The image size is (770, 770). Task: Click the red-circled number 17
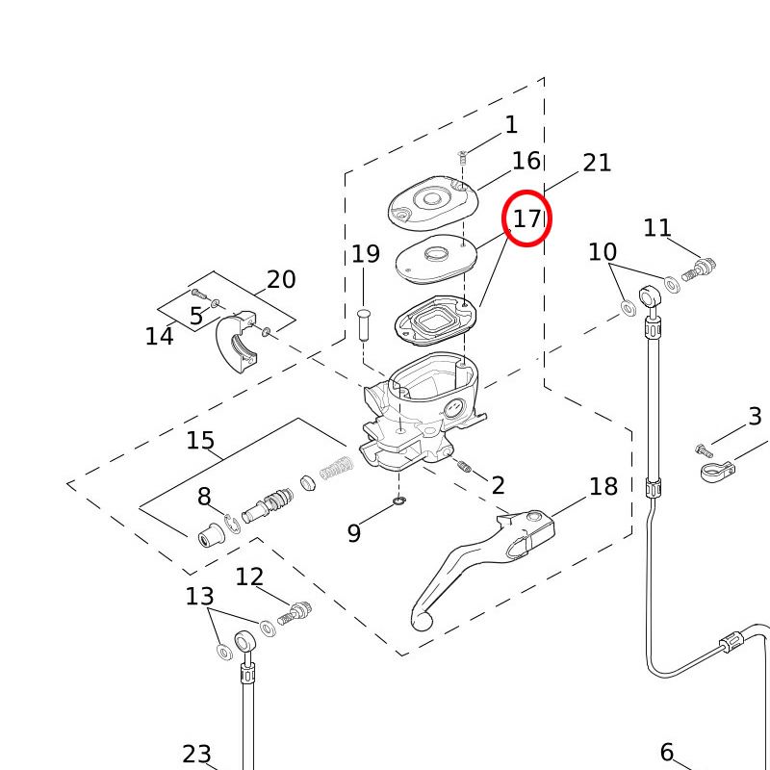coord(526,218)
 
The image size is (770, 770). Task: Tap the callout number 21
coord(597,163)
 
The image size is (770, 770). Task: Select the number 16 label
coord(526,161)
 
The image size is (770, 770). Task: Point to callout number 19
coord(365,255)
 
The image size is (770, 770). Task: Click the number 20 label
coord(281,280)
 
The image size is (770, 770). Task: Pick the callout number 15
coord(200,441)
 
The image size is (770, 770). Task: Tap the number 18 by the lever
coord(603,487)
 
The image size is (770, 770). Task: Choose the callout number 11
coord(657,228)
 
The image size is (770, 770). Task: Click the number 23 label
coord(196,755)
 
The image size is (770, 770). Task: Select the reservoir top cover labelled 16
coord(427,204)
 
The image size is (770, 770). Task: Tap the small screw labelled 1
coord(462,155)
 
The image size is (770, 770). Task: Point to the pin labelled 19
coord(364,322)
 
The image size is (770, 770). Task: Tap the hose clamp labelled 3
coord(718,472)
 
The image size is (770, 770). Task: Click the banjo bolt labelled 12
coord(295,612)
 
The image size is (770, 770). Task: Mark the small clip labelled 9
coord(399,501)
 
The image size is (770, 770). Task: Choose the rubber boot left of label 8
coord(210,533)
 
